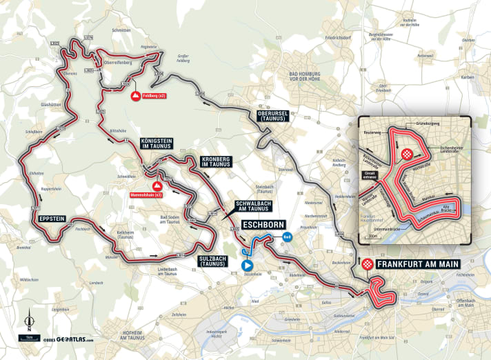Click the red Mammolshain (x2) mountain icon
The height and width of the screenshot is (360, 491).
pos(157,186)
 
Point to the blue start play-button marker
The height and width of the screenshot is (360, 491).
pos(247,264)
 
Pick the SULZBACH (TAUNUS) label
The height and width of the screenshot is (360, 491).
pos(213,260)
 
